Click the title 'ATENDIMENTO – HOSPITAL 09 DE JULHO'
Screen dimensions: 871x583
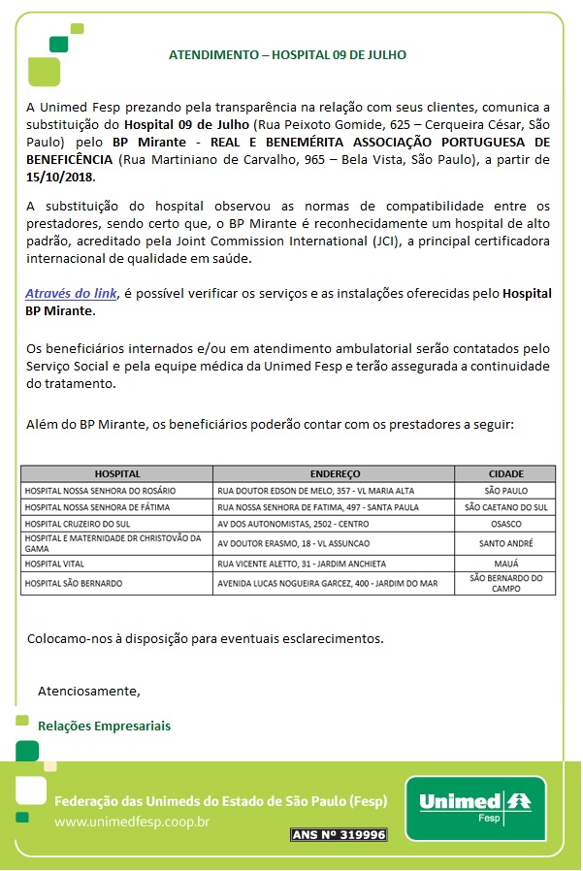(287, 55)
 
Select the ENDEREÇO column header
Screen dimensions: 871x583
(335, 474)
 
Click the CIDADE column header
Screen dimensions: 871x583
(505, 474)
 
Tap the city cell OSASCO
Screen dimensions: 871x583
(505, 522)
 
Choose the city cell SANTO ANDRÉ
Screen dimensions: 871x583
(505, 543)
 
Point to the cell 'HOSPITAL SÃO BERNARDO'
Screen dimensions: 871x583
(79, 583)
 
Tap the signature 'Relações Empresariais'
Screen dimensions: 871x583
(104, 726)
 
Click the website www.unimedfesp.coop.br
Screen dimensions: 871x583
(132, 823)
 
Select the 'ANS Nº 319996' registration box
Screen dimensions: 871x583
(339, 834)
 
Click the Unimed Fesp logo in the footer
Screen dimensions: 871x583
(474, 807)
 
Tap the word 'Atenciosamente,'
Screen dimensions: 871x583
(89, 692)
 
